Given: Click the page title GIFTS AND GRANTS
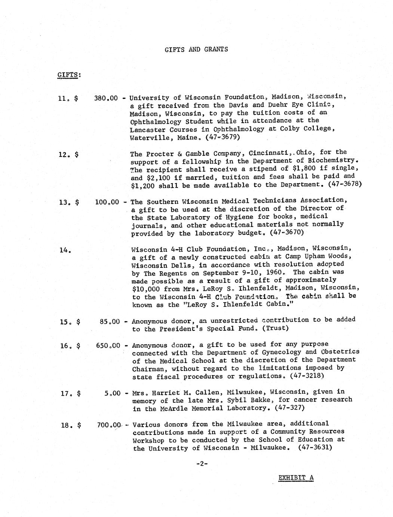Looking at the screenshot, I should pyautogui.click(x=196, y=49).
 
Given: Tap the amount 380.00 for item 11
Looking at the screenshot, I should pyautogui.click(x=106, y=99).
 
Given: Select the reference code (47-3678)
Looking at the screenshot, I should pyautogui.click(x=345, y=184).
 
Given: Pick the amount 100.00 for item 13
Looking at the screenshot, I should pyautogui.click(x=107, y=202).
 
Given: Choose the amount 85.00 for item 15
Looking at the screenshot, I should pyautogui.click(x=110, y=321).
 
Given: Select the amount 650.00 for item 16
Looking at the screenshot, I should pyautogui.click(x=108, y=345).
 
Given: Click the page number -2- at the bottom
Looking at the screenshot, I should pyautogui.click(x=202, y=463).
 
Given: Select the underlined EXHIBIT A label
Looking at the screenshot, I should pyautogui.click(x=296, y=478).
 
